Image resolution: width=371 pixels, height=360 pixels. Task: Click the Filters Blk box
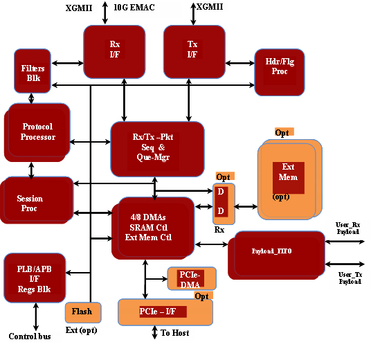tap(33, 71)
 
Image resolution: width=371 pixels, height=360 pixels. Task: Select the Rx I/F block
tap(114, 52)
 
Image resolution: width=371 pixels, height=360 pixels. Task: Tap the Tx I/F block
tap(194, 52)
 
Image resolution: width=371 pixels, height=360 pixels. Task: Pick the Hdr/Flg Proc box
tap(280, 72)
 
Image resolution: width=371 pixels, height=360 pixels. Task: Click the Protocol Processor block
tap(37, 132)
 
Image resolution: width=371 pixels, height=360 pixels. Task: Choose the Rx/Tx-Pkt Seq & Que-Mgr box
tap(157, 149)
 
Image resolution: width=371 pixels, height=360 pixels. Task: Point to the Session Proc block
tap(37, 200)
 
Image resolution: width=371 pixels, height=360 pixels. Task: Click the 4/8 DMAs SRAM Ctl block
tap(153, 228)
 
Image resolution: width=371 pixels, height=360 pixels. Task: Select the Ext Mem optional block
tap(290, 179)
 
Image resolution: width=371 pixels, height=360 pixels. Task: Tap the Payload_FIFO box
tap(276, 255)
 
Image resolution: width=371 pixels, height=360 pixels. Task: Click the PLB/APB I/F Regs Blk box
tap(35, 278)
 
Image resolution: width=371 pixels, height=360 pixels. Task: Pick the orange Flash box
tap(83, 312)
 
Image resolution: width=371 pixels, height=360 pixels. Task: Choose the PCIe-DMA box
tap(192, 278)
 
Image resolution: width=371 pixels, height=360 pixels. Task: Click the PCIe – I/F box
tap(165, 312)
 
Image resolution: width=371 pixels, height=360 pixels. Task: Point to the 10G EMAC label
tap(134, 8)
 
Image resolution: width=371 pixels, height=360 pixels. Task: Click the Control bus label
tap(30, 336)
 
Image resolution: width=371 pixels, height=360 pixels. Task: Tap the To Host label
tap(175, 333)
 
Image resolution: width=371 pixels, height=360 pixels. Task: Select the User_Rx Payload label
tap(347, 228)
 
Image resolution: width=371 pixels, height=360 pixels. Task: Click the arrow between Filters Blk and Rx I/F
tap(67, 63)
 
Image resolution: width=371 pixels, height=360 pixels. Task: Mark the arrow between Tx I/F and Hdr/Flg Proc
tap(240, 63)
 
